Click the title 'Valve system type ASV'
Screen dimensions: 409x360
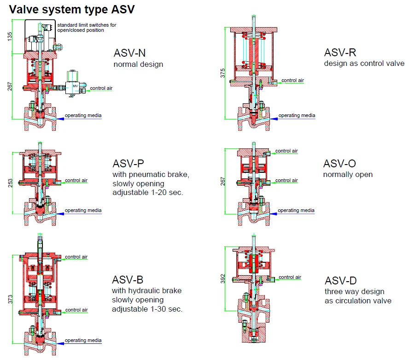72,9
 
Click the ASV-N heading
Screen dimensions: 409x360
129,53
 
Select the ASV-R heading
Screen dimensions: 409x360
340,53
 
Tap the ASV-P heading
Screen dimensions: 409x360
129,164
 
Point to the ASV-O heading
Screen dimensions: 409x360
339,164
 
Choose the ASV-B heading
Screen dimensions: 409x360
128,280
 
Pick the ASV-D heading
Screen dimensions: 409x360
341,281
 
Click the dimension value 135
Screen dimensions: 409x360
10,36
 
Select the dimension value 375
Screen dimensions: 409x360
222,73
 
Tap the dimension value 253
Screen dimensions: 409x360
10,183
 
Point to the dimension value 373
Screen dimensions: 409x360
10,299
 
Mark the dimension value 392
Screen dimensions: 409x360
222,278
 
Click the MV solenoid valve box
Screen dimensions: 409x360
72,88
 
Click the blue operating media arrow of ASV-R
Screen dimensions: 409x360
274,119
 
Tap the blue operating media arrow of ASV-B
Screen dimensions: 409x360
60,343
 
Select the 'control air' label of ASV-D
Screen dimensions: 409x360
290,277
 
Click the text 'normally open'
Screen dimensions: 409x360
348,174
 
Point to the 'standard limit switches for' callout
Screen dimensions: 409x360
87,25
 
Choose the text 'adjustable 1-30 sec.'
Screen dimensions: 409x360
147,309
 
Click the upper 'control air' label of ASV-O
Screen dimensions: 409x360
286,151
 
